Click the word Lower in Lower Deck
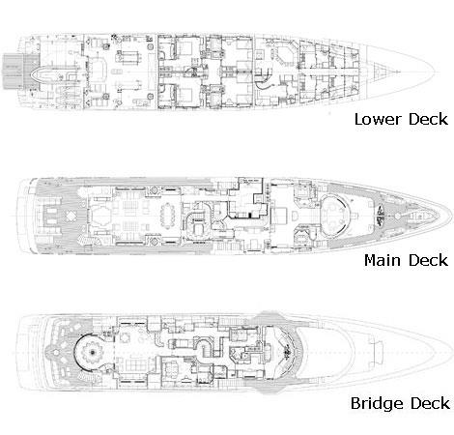click(378, 119)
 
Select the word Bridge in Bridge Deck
click(377, 404)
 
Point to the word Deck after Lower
click(428, 119)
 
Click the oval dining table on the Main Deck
click(167, 215)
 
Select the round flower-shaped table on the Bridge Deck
click(93, 353)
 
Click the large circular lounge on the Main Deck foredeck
click(335, 215)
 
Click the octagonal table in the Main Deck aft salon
click(100, 215)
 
